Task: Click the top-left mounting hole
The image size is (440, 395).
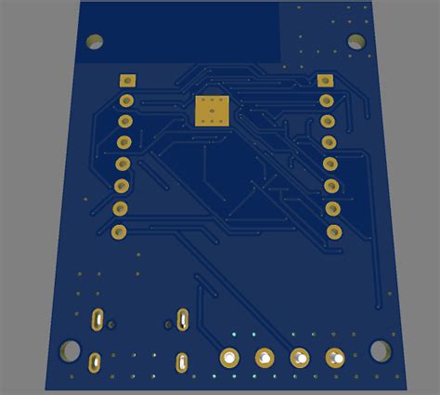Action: click(94, 42)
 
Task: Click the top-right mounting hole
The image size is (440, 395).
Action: click(356, 41)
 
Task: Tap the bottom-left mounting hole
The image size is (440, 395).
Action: click(69, 350)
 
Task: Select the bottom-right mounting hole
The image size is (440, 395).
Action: click(381, 349)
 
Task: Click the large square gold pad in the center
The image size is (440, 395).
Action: click(211, 110)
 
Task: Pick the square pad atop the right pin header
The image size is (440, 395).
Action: click(324, 81)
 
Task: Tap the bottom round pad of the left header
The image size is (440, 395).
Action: click(118, 230)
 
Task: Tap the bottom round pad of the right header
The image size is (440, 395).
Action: click(332, 231)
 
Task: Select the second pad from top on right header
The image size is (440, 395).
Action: click(326, 100)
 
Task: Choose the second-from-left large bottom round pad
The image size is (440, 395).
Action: click(265, 356)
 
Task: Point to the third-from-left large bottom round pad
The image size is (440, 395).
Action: click(300, 356)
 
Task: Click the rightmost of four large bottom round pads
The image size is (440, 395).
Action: click(335, 356)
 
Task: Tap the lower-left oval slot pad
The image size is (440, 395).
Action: click(94, 361)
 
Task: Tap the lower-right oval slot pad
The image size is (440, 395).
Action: click(182, 361)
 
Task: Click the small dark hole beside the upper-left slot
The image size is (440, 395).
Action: click(112, 324)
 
